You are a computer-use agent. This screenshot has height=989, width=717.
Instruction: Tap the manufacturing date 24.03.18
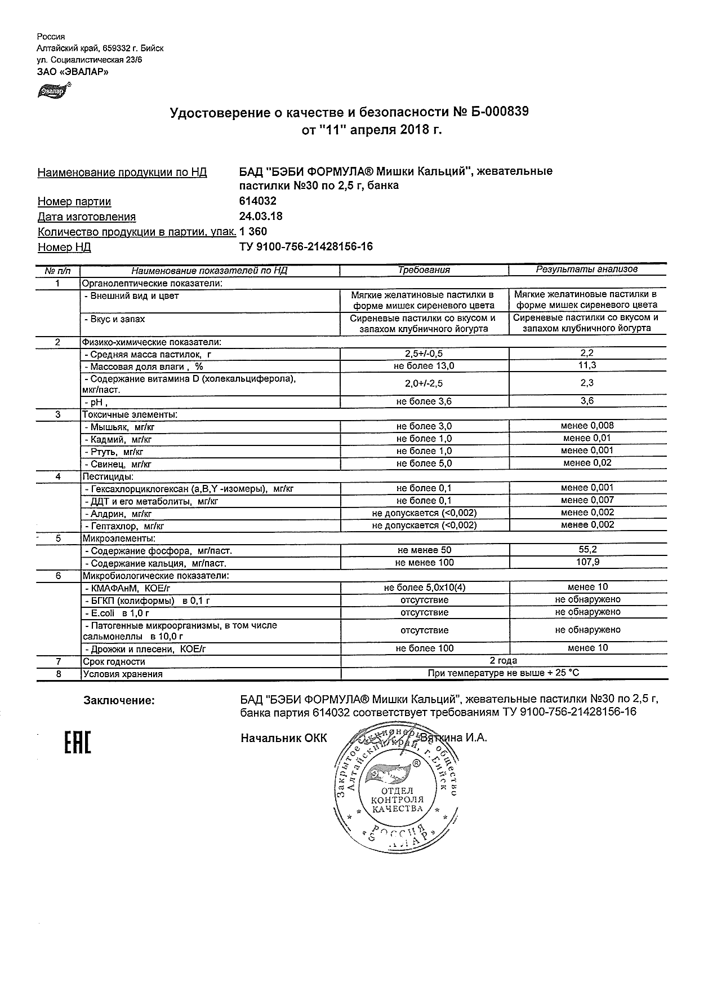tap(261, 217)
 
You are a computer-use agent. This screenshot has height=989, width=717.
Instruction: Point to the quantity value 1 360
tap(253, 232)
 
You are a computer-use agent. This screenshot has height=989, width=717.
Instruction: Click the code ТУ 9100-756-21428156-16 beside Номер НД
tap(306, 246)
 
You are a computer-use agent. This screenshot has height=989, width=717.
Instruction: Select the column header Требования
tap(424, 270)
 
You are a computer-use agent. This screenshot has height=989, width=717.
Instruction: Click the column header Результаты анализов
tap(586, 270)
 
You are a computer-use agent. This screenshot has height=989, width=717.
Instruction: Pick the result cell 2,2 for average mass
tap(587, 354)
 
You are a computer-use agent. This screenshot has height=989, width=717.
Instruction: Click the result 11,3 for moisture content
tap(587, 365)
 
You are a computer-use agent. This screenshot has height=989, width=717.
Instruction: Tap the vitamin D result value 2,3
tap(587, 383)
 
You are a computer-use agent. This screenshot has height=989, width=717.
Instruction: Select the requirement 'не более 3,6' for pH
tap(424, 401)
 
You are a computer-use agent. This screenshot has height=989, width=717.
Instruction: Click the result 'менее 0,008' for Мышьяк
tap(587, 426)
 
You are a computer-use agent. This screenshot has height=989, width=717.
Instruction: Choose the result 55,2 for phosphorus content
tap(587, 550)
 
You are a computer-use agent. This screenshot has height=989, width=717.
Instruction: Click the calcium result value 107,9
tap(587, 562)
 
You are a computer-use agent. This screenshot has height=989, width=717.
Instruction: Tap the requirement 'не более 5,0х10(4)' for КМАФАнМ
tap(424, 587)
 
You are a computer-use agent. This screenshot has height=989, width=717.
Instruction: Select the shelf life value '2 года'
tap(504, 661)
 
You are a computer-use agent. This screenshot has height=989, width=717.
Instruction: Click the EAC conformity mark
tap(77, 743)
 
